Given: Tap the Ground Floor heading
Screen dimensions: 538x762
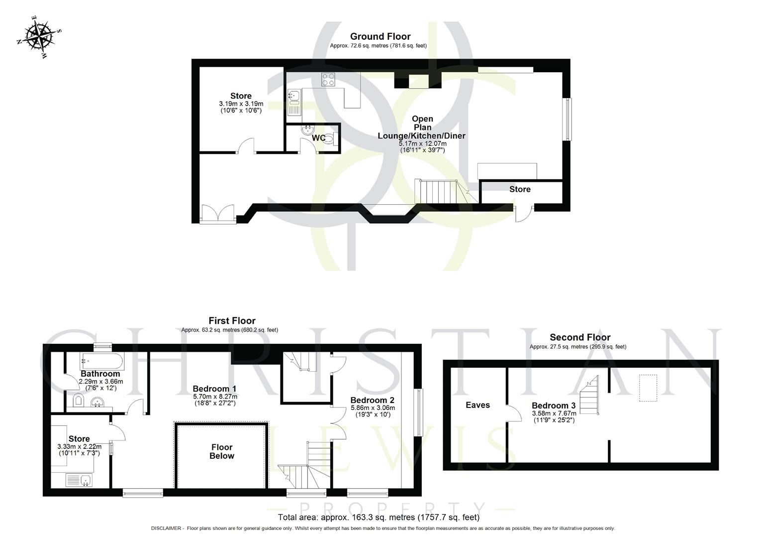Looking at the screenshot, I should coord(380,36).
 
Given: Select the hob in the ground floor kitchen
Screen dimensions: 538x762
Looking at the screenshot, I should coord(328,80).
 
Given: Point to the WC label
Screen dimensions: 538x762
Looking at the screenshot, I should coord(318,138).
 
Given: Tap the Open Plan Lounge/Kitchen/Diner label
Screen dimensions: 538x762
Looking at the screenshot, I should coord(422,128).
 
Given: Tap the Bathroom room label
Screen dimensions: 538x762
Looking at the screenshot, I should coord(100,374).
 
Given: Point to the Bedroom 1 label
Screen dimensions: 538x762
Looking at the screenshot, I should coord(214,389).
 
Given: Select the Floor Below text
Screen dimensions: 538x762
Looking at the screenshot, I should coord(222,451).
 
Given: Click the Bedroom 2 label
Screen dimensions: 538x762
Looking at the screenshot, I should coord(373,400).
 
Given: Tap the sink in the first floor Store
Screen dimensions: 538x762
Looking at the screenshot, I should coord(80,480).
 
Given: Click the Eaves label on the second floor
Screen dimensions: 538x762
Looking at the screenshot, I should coord(477,405).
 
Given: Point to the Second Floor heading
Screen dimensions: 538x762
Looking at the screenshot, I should coord(580,337).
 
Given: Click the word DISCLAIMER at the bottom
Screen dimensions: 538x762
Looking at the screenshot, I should coord(168,529).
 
